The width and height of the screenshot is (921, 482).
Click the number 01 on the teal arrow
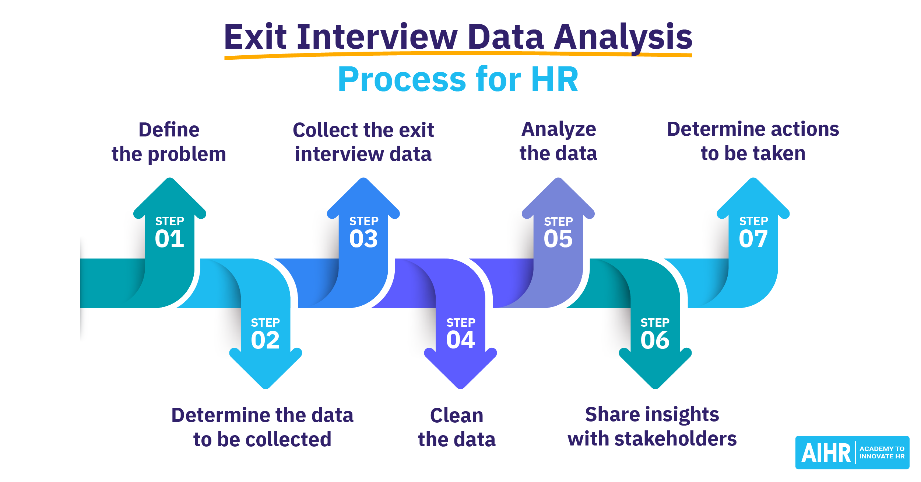coord(169,239)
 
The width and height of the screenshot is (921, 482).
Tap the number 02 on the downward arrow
coord(265,340)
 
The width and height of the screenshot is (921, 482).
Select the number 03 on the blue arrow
coord(363,239)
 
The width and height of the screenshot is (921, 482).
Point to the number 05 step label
coord(558,239)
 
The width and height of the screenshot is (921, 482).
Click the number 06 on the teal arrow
coord(655,340)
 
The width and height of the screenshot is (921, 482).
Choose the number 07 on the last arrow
coord(753,239)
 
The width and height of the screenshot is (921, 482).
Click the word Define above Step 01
coord(169,130)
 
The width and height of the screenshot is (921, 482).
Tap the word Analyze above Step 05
coord(559,130)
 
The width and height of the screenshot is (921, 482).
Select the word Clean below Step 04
coord(457,416)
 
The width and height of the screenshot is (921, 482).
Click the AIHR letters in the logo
coord(826,453)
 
